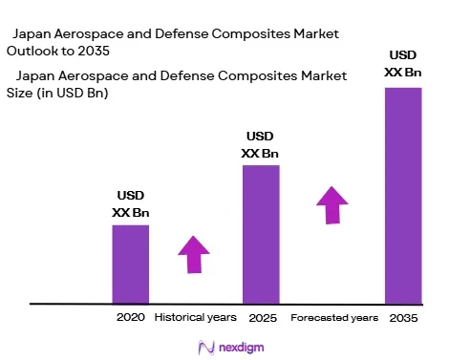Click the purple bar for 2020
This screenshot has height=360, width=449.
point(131,265)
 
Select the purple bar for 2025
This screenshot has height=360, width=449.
point(261,235)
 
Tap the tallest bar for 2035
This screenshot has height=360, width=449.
point(403,196)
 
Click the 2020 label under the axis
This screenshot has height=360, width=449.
point(131,317)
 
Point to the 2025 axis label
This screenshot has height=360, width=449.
point(263,318)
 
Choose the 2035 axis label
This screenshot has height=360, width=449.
point(403,318)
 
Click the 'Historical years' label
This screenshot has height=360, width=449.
point(196,317)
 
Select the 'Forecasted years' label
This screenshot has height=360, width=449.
point(334,318)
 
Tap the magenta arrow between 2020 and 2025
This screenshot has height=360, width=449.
point(194,255)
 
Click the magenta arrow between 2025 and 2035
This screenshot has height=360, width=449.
point(332,205)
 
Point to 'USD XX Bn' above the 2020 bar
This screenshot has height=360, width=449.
point(131,203)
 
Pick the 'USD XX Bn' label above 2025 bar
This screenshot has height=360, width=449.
point(260,145)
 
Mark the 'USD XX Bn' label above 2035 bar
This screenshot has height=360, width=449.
point(403,64)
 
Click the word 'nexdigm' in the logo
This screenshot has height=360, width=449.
point(242,348)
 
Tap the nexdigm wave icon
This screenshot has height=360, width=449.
point(206,348)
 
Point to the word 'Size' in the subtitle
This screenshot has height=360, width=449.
point(19,93)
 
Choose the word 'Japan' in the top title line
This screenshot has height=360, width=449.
point(32,34)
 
